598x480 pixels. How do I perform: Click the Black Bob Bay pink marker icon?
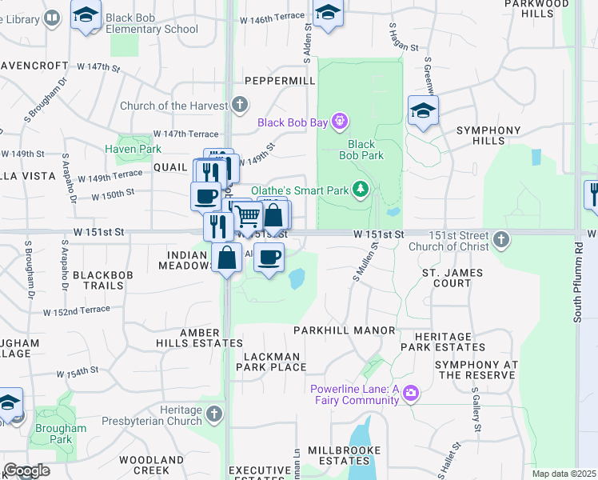coord(341,122)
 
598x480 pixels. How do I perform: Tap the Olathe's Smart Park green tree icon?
coord(361,190)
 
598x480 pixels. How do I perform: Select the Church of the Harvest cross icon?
coord(239,105)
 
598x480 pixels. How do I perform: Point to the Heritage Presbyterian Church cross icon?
coord(213,414)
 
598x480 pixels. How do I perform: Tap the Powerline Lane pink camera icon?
coord(411,393)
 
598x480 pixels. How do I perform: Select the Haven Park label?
coord(133,149)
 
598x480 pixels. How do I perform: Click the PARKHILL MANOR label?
coord(344,330)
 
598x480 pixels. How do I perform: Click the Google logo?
coord(26,470)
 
